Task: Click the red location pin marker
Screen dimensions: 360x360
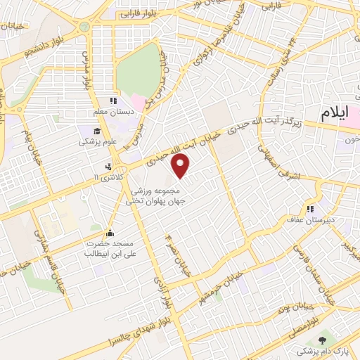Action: (x=181, y=166)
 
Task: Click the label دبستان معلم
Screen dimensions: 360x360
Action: (x=110, y=112)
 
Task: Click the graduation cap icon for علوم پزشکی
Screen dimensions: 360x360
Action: (x=95, y=131)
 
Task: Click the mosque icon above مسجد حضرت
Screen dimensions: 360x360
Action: (x=109, y=233)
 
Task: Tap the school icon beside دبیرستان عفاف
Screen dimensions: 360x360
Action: (x=309, y=208)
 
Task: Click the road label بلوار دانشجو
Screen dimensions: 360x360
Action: (x=46, y=46)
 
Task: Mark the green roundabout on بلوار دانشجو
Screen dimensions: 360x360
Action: (x=85, y=27)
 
